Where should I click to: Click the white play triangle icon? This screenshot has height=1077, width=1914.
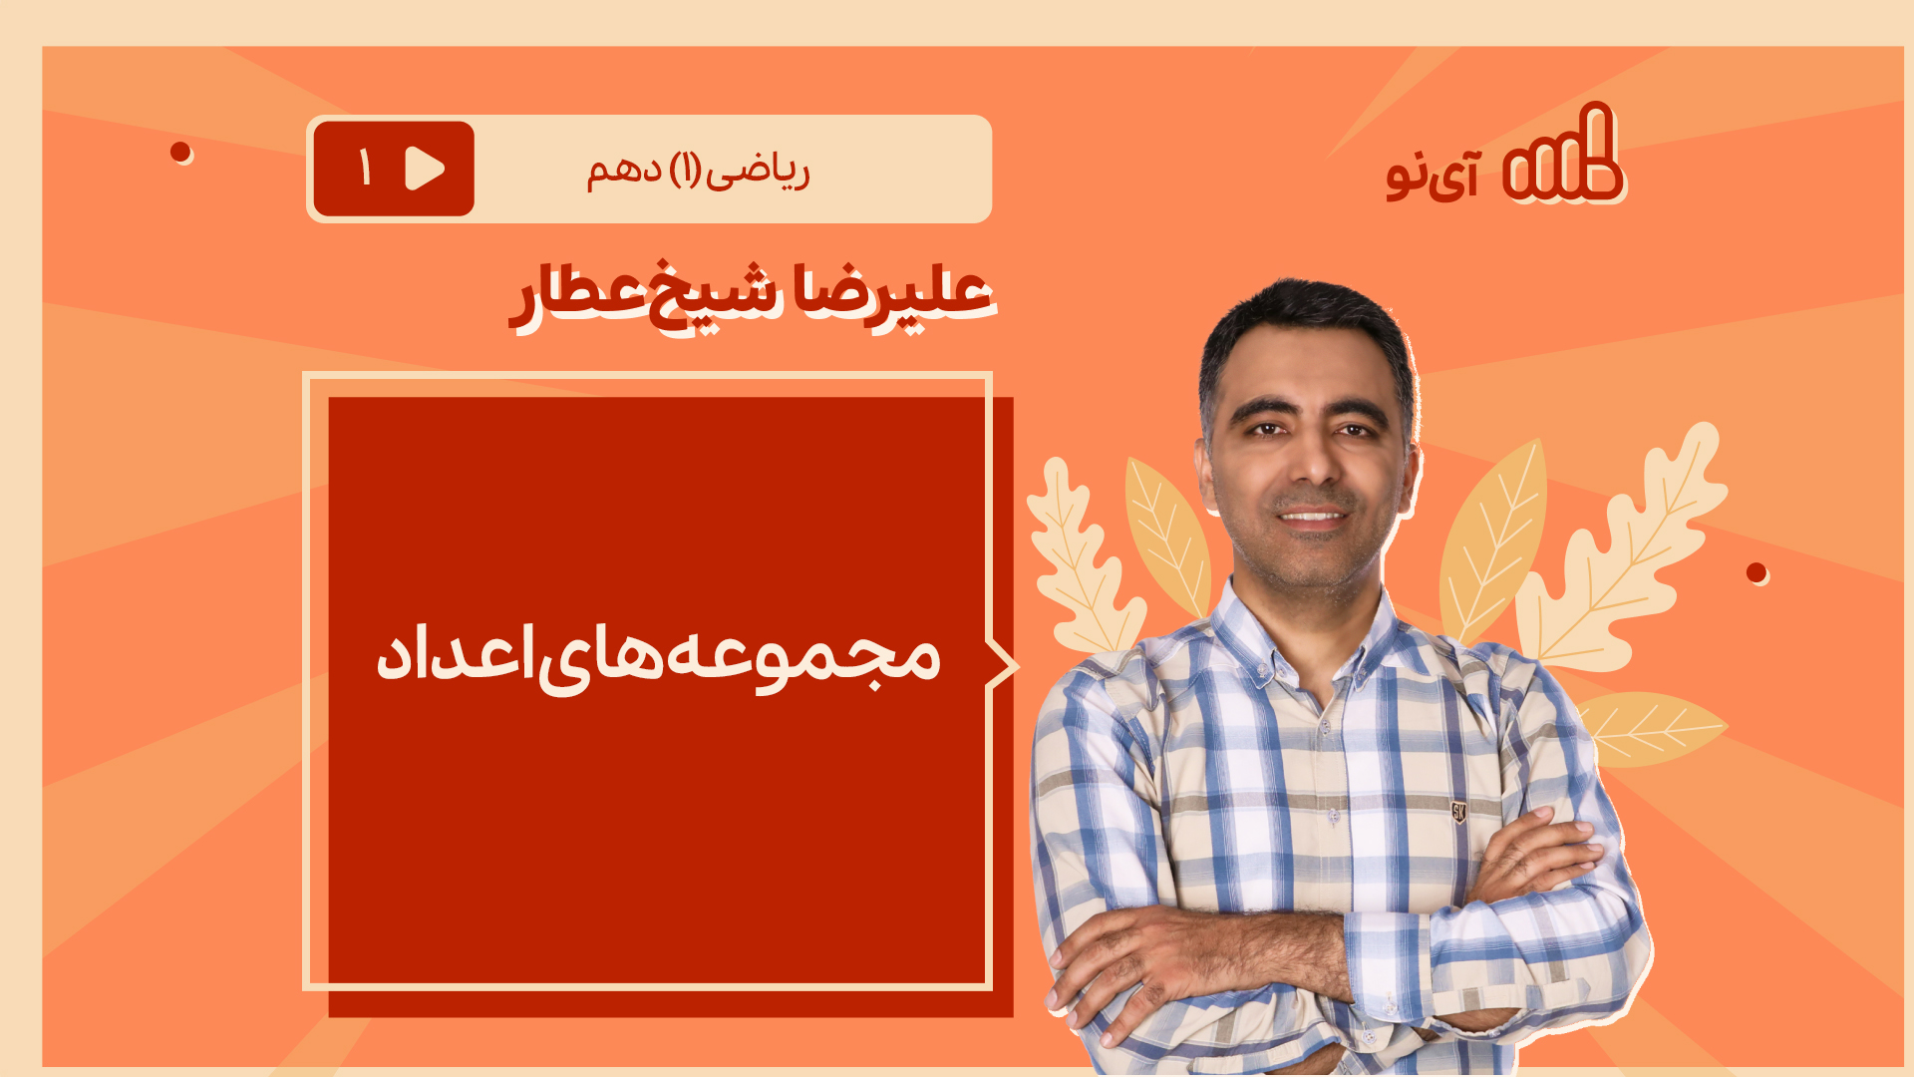(x=425, y=169)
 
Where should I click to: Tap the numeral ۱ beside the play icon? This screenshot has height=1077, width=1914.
(x=365, y=168)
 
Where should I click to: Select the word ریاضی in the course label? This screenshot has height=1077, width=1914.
(x=758, y=172)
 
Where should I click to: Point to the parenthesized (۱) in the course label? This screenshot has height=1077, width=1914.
(x=685, y=171)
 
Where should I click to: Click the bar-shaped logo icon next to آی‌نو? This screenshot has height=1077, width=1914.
(x=1562, y=154)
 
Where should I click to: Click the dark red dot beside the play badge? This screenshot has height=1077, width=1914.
(x=180, y=152)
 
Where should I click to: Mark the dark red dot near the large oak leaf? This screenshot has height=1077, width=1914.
(x=1756, y=572)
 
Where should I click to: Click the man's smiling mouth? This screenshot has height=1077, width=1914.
(x=1312, y=516)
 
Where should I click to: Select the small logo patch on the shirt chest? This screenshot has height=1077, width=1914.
(x=1458, y=811)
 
